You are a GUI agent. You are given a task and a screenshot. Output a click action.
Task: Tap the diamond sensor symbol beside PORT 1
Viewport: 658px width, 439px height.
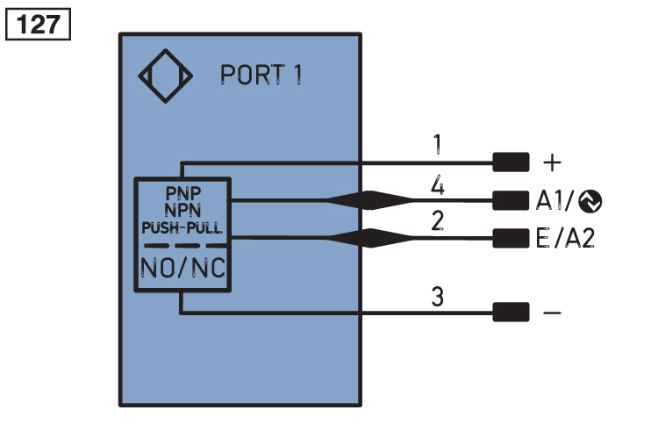167,76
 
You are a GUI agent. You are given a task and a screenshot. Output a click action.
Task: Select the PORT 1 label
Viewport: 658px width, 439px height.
261,76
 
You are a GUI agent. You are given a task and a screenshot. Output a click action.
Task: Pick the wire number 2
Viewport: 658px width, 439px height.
436,221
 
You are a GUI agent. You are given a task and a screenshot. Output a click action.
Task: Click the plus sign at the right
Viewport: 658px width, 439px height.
552,162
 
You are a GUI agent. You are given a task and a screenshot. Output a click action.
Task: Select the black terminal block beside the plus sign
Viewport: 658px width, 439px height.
511,162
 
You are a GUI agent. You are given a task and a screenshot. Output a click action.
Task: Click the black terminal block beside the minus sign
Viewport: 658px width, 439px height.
511,312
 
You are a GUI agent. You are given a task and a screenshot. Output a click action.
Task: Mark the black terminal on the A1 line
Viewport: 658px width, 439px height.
511,200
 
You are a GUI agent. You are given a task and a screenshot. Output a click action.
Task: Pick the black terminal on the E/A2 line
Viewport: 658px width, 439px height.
511,237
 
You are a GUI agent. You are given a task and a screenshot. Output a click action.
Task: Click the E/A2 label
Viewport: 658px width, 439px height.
565,238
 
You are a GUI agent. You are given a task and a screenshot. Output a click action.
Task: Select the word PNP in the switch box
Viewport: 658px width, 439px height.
182,192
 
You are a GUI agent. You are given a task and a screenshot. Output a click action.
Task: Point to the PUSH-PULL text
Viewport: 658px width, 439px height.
182,226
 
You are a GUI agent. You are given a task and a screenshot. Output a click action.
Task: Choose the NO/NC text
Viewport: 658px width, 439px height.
182,267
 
